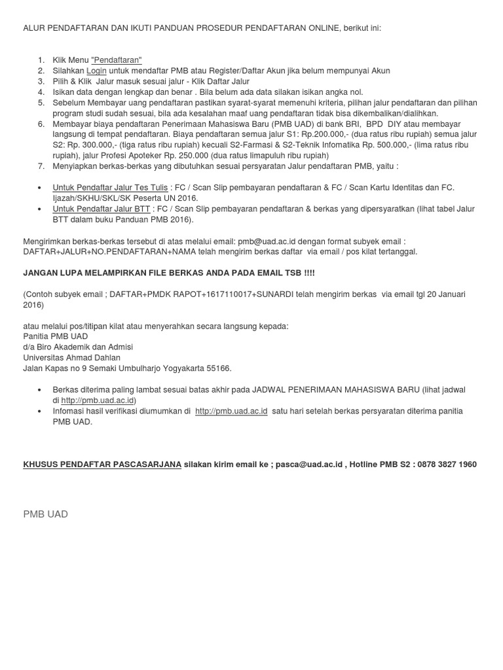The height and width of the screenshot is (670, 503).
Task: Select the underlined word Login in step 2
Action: click(96, 71)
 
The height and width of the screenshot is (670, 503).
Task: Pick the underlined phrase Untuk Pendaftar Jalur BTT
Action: click(102, 209)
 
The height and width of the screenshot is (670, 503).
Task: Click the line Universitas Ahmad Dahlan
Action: click(72, 358)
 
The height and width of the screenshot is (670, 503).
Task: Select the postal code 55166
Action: click(218, 368)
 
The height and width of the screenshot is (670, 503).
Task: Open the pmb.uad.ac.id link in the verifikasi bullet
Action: click(231, 411)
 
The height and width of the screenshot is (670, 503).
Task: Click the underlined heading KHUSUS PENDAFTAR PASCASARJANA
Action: click(102, 464)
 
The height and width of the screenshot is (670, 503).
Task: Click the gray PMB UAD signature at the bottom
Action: click(45, 514)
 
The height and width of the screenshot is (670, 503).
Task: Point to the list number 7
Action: click(40, 166)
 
